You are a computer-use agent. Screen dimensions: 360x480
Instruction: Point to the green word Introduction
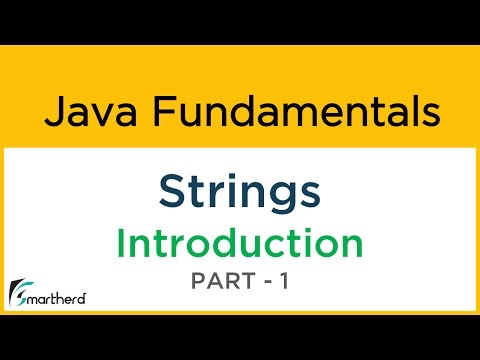pyautogui.click(x=239, y=243)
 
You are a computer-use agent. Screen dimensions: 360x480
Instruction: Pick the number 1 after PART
pyautogui.click(x=284, y=282)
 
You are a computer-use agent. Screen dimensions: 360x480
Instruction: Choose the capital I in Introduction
pyautogui.click(x=121, y=243)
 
